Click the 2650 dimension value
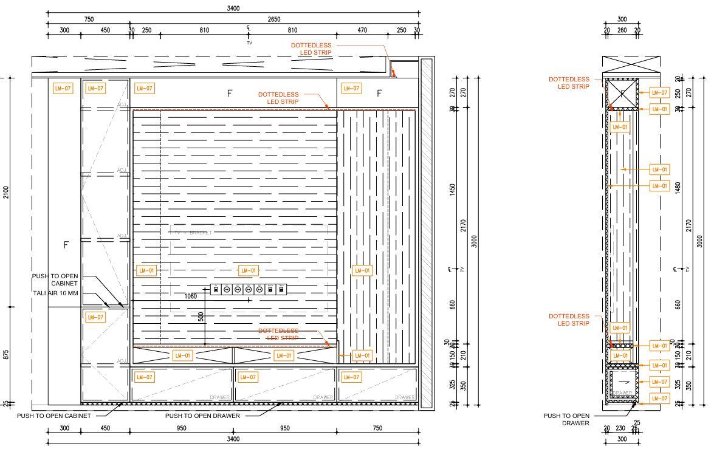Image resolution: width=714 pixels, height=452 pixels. (x=274, y=19)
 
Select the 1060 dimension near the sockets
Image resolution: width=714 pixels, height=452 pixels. (x=190, y=296)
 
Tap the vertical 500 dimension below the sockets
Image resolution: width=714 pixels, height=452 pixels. (x=201, y=317)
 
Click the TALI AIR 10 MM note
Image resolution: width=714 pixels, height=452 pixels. (x=57, y=293)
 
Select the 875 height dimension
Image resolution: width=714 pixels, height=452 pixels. (x=6, y=355)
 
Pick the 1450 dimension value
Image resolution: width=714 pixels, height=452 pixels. (x=452, y=190)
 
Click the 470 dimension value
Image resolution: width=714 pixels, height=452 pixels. (x=362, y=30)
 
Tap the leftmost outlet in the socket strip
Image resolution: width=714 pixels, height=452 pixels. (x=215, y=290)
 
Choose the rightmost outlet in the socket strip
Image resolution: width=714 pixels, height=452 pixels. (x=281, y=290)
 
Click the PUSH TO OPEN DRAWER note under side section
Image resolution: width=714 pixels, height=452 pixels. (x=566, y=419)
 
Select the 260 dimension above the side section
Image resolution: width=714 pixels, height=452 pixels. (x=622, y=30)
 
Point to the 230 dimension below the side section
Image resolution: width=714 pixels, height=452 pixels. (x=620, y=429)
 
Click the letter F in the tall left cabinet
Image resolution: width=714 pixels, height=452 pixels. (x=66, y=245)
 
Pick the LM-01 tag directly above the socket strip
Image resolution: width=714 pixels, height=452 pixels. (x=248, y=270)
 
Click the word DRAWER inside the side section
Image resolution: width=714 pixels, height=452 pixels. (x=622, y=393)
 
